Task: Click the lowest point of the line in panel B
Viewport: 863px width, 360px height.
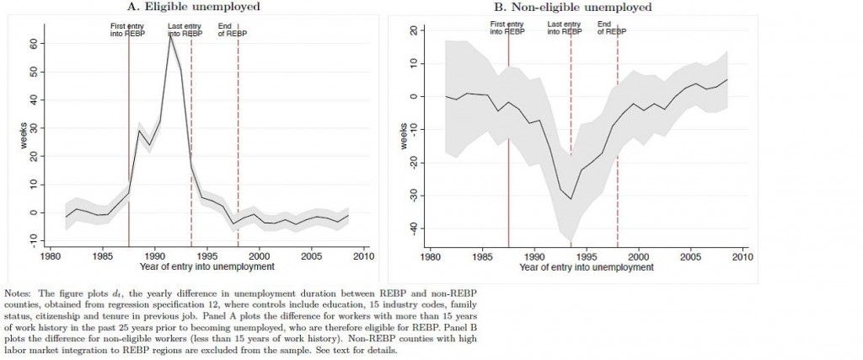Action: click(x=571, y=199)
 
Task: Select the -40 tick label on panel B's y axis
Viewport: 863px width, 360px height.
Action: click(x=413, y=228)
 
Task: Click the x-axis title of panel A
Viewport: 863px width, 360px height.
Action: click(x=206, y=267)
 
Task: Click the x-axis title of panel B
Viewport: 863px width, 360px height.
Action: click(x=586, y=267)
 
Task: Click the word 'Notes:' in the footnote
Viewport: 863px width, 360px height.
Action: click(x=18, y=292)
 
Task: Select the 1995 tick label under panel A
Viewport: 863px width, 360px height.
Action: click(x=206, y=254)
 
